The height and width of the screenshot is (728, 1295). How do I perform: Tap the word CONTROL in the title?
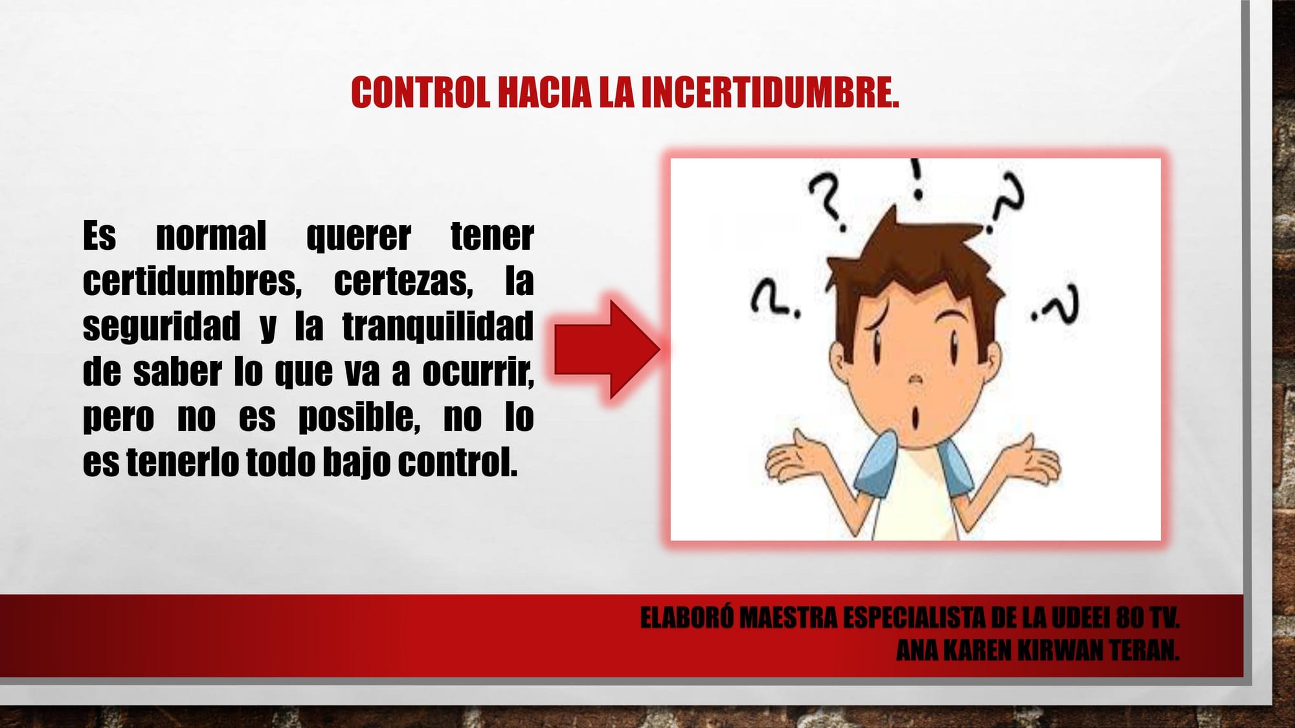click(420, 93)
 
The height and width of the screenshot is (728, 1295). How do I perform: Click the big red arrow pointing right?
click(607, 349)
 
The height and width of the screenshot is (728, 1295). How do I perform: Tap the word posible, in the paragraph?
click(359, 417)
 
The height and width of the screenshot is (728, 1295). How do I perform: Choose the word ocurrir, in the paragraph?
click(478, 372)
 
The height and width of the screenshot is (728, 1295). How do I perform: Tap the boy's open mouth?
click(915, 419)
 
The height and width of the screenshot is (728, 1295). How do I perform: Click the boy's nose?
click(914, 379)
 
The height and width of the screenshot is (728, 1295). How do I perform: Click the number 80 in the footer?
click(1130, 618)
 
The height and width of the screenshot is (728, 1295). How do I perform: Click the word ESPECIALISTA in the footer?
click(914, 618)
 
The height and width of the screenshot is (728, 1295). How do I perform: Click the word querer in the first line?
click(358, 237)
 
